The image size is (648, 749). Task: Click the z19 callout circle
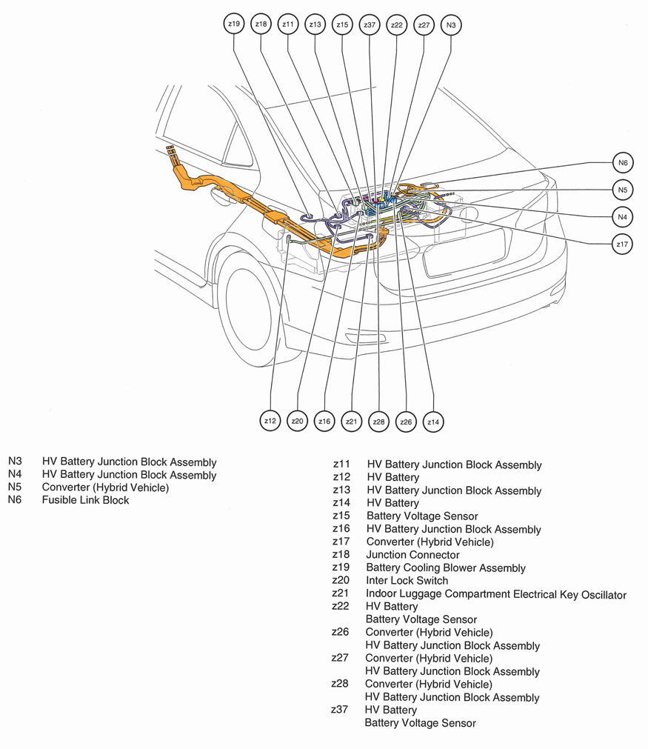tap(234, 24)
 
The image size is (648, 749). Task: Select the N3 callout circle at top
tap(451, 24)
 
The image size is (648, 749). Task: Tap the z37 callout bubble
tap(370, 24)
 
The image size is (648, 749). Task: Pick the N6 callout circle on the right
tap(623, 162)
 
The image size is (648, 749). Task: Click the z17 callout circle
tap(623, 244)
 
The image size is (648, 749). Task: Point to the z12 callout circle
tap(270, 422)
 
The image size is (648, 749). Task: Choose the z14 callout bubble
tap(433, 422)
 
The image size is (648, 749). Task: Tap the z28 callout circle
tap(378, 422)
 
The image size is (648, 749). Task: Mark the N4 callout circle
tap(623, 217)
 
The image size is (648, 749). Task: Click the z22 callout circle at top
tap(397, 24)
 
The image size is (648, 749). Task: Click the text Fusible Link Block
tap(85, 500)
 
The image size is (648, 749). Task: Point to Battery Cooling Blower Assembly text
tap(446, 568)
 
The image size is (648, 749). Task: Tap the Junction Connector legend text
tap(412, 555)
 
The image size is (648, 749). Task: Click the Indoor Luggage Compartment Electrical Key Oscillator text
tap(496, 594)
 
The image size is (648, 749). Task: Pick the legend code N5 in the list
tap(16, 487)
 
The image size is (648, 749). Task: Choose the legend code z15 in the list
tap(341, 516)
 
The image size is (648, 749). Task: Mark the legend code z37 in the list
tap(341, 710)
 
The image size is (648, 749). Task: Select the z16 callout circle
tap(324, 422)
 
